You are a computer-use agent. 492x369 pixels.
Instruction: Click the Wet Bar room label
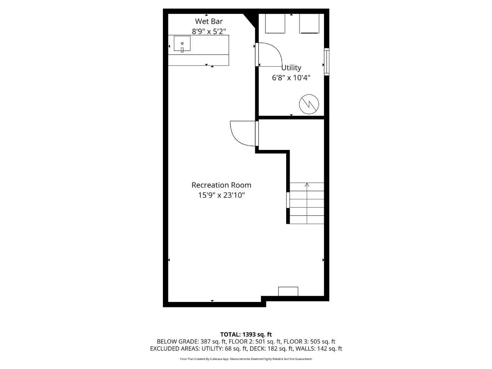pyautogui.click(x=209, y=21)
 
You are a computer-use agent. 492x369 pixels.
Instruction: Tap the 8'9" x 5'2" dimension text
pyautogui.click(x=209, y=31)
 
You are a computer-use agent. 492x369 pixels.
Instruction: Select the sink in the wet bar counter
pyautogui.click(x=182, y=44)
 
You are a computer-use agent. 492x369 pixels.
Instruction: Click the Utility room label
pyautogui.click(x=291, y=67)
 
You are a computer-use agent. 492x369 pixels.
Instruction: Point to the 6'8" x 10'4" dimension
pyautogui.click(x=291, y=77)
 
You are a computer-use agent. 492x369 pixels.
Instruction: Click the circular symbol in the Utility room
pyautogui.click(x=309, y=105)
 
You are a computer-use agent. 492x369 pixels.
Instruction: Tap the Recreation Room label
pyautogui.click(x=221, y=185)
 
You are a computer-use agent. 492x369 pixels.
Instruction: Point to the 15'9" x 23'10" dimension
pyautogui.click(x=221, y=195)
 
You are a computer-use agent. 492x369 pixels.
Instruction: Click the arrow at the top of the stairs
pyautogui.click(x=307, y=185)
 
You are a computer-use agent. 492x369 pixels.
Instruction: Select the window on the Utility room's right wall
pyautogui.click(x=327, y=62)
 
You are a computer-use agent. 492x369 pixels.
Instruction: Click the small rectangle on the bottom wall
pyautogui.click(x=288, y=291)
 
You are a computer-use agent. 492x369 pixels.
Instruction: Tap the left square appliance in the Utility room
pyautogui.click(x=275, y=23)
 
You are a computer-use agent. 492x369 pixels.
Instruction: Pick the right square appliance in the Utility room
pyautogui.click(x=309, y=24)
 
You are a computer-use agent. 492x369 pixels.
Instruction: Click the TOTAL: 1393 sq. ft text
pyautogui.click(x=246, y=334)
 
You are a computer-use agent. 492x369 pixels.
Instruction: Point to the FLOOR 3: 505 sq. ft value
pyautogui.click(x=309, y=341)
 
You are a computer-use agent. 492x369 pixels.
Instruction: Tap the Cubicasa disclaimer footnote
pyautogui.click(x=246, y=359)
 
